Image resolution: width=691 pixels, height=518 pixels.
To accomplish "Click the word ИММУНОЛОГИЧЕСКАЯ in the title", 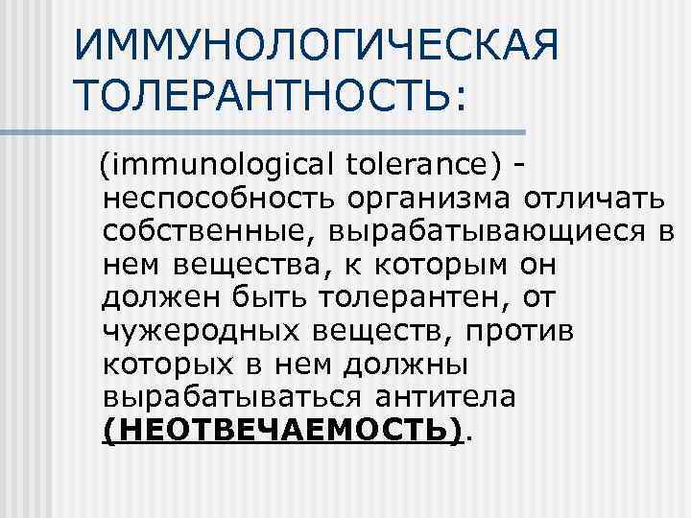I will coord(315,45).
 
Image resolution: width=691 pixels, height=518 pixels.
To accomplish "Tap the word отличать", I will coord(595,200).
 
